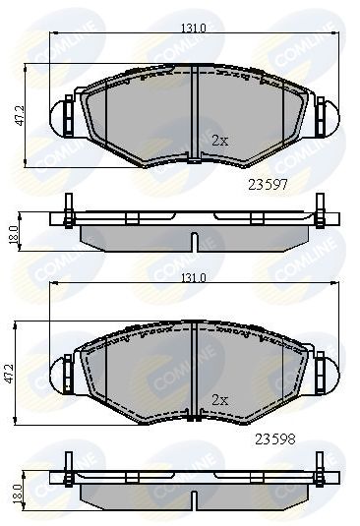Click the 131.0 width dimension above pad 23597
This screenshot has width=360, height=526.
pyautogui.click(x=193, y=29)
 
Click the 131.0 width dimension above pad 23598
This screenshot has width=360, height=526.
pyautogui.click(x=193, y=278)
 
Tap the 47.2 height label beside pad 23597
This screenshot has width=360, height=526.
pyautogui.click(x=20, y=116)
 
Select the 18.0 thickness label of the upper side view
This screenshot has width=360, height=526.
pyautogui.click(x=14, y=234)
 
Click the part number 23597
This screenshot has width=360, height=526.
pyautogui.click(x=268, y=185)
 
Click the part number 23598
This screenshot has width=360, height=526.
pyautogui.click(x=275, y=439)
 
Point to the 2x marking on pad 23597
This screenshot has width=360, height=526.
pyautogui.click(x=220, y=141)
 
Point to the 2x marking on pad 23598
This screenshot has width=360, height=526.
pyautogui.click(x=220, y=399)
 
